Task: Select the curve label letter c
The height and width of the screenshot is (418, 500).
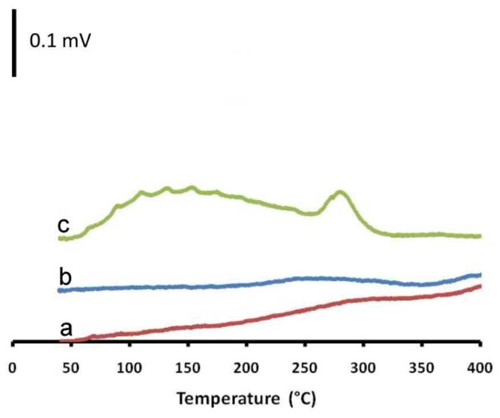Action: pyautogui.click(x=63, y=226)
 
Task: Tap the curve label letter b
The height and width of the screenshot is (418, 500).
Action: pyautogui.click(x=64, y=277)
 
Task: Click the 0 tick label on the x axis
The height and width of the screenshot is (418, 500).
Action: pyautogui.click(x=13, y=368)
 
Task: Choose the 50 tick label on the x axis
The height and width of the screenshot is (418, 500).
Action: pyautogui.click(x=71, y=368)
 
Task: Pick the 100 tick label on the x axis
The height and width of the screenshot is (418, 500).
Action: pyautogui.click(x=130, y=368)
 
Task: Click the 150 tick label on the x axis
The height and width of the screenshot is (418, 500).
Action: pyautogui.click(x=188, y=368)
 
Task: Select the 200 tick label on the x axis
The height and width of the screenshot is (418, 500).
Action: pyautogui.click(x=246, y=368)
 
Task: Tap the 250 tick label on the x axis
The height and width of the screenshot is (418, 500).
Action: pyautogui.click(x=305, y=368)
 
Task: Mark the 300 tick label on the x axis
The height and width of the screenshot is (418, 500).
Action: pyautogui.click(x=363, y=368)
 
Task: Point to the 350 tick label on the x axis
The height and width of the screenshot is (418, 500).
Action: pyautogui.click(x=421, y=368)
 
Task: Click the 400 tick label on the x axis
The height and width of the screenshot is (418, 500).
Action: pyautogui.click(x=479, y=368)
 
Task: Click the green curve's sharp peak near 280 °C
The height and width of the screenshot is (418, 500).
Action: pyautogui.click(x=340, y=192)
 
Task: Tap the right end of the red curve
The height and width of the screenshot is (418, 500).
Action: pyautogui.click(x=480, y=285)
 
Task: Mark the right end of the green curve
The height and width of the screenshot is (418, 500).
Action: pyautogui.click(x=480, y=236)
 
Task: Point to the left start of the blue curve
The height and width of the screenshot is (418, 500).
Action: pyautogui.click(x=60, y=290)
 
